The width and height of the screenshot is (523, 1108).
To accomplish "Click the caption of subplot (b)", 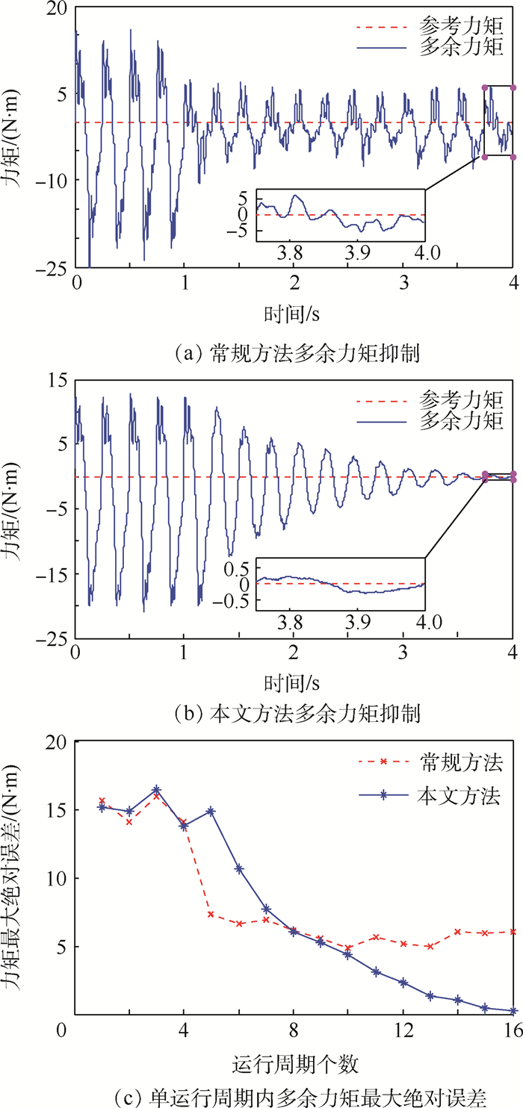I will click(x=261, y=714).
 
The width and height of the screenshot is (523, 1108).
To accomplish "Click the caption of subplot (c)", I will click(x=261, y=1096).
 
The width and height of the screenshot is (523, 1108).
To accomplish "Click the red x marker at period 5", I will click(x=211, y=915).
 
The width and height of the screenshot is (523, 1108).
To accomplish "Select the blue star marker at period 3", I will click(x=156, y=789).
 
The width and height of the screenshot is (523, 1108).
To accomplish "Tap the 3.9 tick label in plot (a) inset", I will click(x=359, y=250).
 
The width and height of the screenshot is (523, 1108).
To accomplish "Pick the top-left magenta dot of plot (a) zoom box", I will click(x=484, y=88).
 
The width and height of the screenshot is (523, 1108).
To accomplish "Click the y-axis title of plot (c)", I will click(x=16, y=878).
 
